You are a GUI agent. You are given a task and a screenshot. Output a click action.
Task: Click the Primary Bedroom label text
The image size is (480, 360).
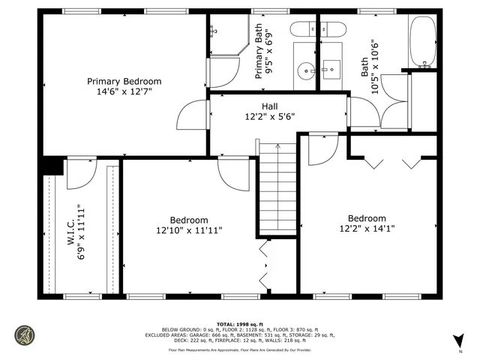[x=124, y=81]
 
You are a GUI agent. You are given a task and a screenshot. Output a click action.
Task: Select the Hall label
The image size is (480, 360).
[x=270, y=106]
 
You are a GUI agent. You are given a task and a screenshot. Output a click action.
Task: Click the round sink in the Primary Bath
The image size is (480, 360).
[x=305, y=72]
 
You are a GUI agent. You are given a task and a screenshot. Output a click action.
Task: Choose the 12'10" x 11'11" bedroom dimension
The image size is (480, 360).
[x=189, y=230]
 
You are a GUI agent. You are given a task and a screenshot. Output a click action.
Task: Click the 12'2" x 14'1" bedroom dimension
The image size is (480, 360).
[x=367, y=229]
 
